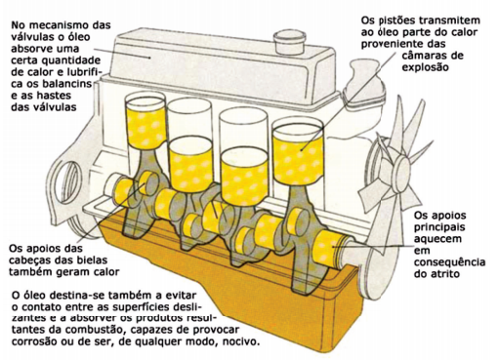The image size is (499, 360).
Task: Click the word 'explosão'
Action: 425,67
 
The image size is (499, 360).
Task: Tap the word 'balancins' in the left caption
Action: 67,84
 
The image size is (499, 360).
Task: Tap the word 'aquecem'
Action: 437,238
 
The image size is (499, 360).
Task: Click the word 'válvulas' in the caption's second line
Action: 29,37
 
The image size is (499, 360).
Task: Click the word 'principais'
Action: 439,227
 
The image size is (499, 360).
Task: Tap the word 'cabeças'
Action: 28,260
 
